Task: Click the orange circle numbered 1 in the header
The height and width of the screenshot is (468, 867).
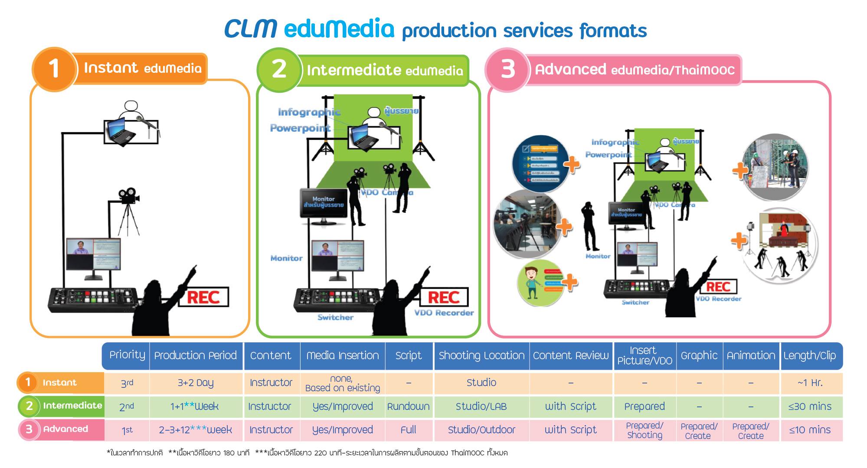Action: pos(54,69)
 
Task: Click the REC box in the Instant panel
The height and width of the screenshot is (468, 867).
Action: pos(203,297)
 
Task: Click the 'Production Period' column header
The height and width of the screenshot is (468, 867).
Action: pos(195,356)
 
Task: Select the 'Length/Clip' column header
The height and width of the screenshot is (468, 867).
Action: pos(809,356)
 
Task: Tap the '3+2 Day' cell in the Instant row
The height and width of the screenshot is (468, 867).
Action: pos(195,383)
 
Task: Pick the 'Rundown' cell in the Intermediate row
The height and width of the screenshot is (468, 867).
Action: pos(408,406)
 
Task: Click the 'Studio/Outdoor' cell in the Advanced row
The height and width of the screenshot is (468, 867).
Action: pos(481,430)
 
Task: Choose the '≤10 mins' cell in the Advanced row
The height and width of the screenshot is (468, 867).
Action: pos(810,430)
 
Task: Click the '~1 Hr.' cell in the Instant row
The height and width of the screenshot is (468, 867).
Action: pos(810,383)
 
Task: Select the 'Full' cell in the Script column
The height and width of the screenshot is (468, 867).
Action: pos(408,430)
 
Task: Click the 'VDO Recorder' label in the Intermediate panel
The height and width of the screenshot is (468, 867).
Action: pos(444,313)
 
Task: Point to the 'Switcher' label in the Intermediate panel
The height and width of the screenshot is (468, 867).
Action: pos(335,318)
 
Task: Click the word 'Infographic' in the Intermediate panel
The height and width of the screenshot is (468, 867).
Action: pos(309,113)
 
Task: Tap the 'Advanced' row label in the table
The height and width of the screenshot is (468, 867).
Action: pos(65,429)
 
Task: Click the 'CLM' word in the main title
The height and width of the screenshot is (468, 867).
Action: pos(251,29)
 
